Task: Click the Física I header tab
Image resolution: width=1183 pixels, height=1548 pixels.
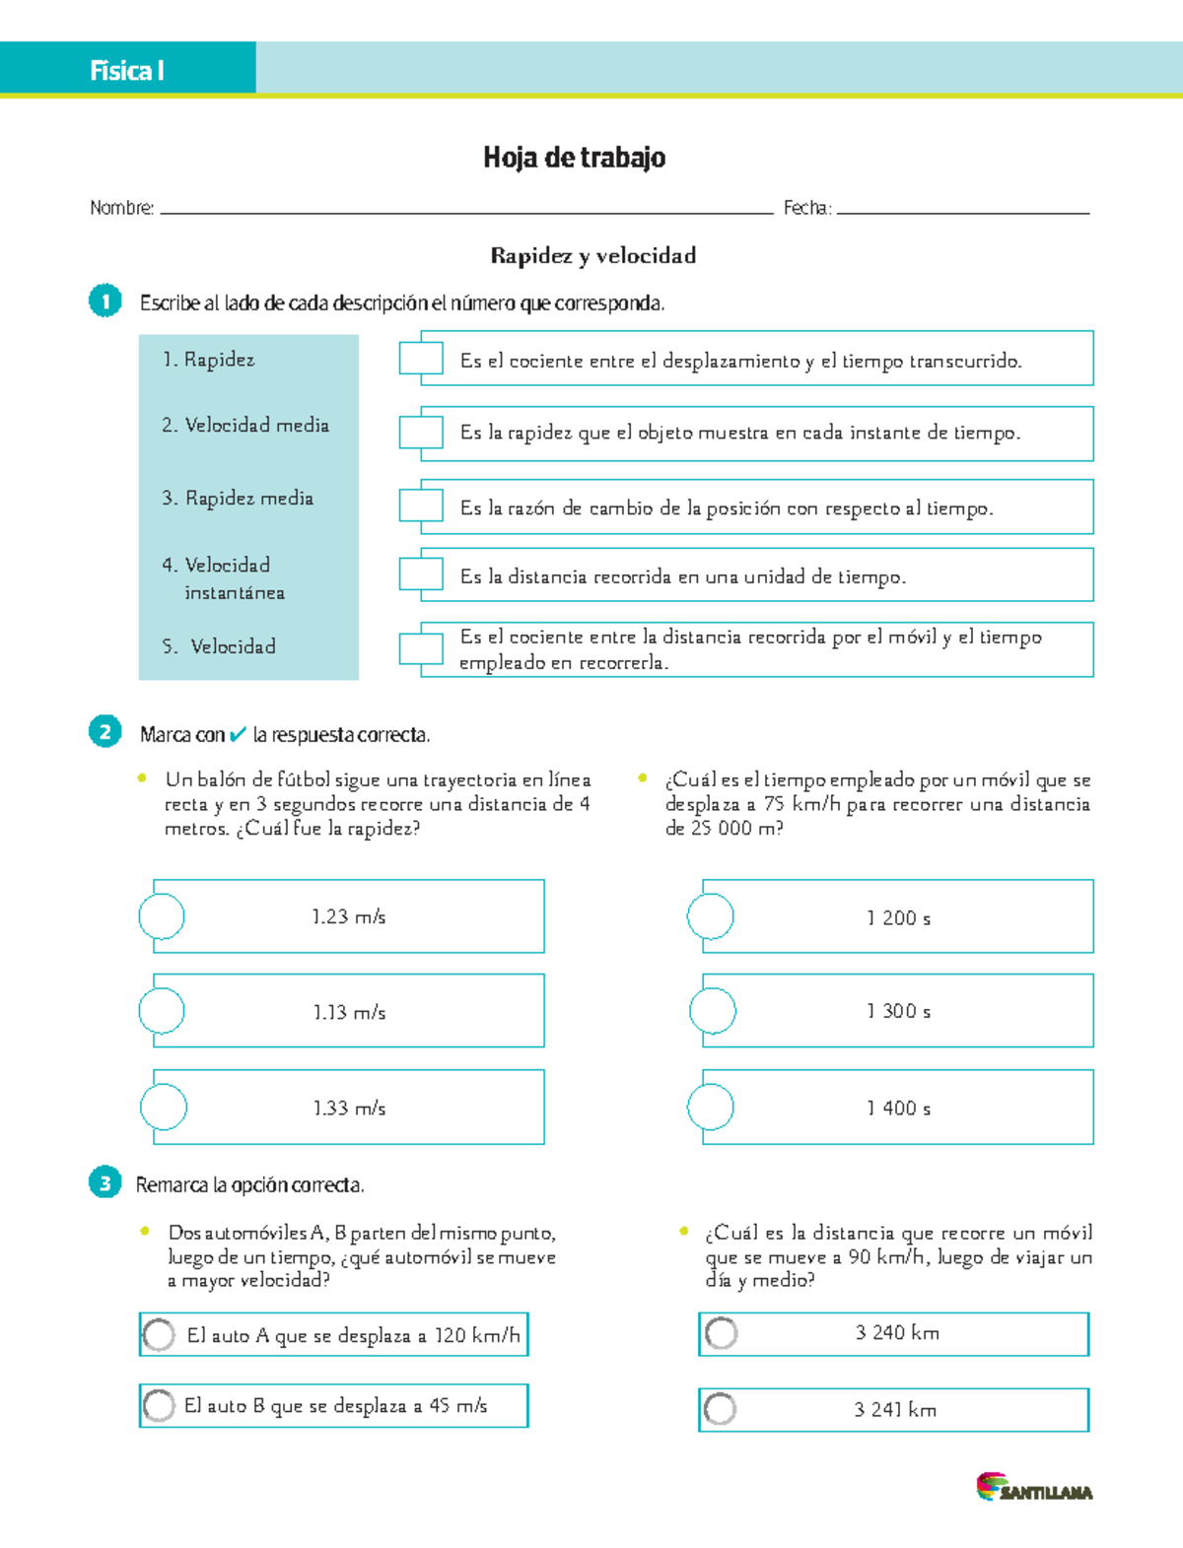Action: coord(127,69)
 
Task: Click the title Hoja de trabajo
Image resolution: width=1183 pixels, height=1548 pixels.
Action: coord(574,158)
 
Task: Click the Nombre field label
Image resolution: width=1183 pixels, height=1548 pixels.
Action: coord(121,208)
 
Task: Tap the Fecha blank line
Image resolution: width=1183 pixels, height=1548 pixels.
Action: coord(961,209)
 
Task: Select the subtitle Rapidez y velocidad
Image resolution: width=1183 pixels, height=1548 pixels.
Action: coord(592,256)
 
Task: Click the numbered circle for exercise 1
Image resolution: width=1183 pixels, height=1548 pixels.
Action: coord(105,301)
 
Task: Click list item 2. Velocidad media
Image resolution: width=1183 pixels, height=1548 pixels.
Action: coord(245,426)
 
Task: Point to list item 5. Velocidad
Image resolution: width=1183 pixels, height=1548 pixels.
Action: coord(220,646)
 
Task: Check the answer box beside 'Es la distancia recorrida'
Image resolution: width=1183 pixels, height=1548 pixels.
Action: coord(421,574)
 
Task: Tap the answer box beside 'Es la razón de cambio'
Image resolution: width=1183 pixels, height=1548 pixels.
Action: coord(421,505)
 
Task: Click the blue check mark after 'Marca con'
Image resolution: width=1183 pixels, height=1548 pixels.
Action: coord(238,735)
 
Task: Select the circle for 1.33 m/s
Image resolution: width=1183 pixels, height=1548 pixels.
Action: coord(163,1107)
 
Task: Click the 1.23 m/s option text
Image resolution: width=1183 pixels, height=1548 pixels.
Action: coord(348,917)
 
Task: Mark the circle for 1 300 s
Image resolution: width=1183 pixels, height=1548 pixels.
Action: coord(712,1011)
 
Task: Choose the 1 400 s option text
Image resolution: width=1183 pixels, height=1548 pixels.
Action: coord(898,1109)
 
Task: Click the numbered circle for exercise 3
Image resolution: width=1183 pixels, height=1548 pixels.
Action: coord(104,1182)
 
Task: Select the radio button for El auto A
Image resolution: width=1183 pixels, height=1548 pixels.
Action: coord(159,1335)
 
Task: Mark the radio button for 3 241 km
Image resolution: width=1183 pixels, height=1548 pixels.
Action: coord(721,1409)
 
